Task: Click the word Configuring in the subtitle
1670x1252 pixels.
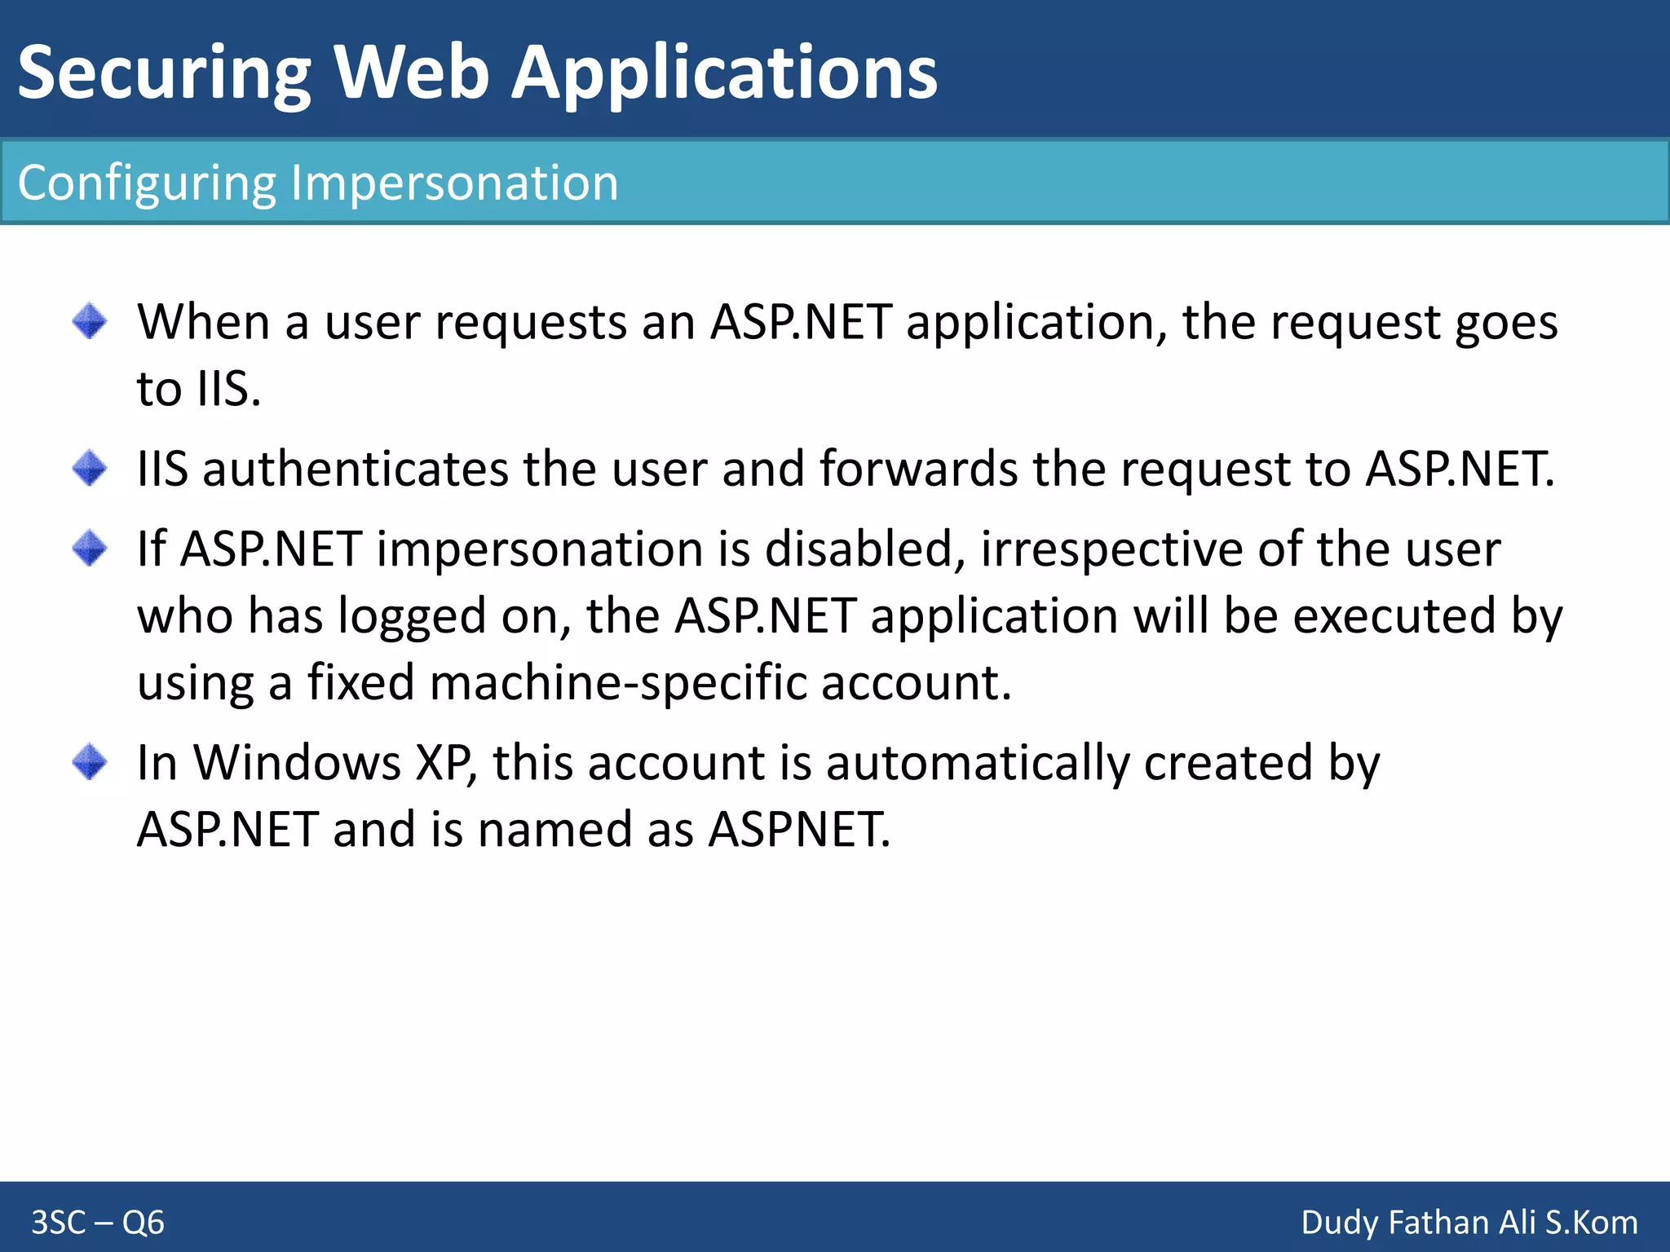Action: click(147, 183)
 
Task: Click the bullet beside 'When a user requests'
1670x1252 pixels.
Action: click(90, 321)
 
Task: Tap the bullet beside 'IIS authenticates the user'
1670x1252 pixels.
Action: click(90, 468)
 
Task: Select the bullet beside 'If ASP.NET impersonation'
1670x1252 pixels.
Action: click(90, 548)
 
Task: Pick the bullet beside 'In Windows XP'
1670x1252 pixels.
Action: click(90, 762)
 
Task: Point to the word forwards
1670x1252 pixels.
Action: click(918, 469)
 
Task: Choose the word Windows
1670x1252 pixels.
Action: click(297, 763)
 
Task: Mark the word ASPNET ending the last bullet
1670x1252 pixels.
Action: click(799, 830)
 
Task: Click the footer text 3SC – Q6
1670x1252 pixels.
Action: click(98, 1223)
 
